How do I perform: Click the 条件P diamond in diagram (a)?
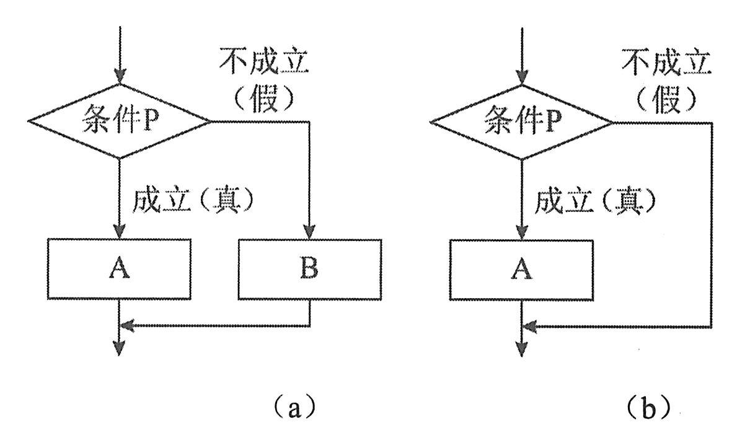pos(119,121)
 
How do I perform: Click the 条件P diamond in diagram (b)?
pos(521,122)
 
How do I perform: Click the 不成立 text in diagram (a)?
pos(265,63)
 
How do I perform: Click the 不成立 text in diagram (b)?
pos(666,63)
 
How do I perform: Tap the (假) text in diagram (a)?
pos(265,97)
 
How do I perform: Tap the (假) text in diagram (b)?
pos(666,97)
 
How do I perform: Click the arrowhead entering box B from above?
pos(310,232)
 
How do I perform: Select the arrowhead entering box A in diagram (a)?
pos(119,232)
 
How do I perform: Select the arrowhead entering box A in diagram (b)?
pos(521,232)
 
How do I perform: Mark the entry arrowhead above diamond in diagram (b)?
pos(521,79)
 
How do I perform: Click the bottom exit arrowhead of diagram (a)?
pos(119,349)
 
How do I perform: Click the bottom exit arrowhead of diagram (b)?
pos(521,349)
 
